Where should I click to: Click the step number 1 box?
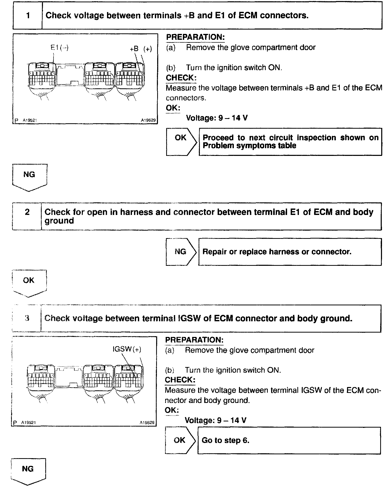coord(28,16)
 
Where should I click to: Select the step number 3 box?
coord(27,318)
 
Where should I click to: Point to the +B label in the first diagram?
coord(134,49)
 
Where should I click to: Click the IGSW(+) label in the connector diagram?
coord(127,349)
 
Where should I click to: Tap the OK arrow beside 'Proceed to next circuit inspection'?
coord(181,142)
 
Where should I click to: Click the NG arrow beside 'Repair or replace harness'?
coord(181,251)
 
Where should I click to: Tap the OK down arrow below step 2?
coord(29,283)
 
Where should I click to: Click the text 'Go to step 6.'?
coord(225,440)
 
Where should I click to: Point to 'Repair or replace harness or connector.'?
coord(277,251)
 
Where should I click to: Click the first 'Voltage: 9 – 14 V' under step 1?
coord(217,118)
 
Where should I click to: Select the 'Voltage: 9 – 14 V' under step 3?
coord(216,420)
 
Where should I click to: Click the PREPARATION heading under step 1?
coord(195,37)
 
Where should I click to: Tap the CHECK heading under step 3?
coord(180,380)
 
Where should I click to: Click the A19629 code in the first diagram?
coord(148,120)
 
